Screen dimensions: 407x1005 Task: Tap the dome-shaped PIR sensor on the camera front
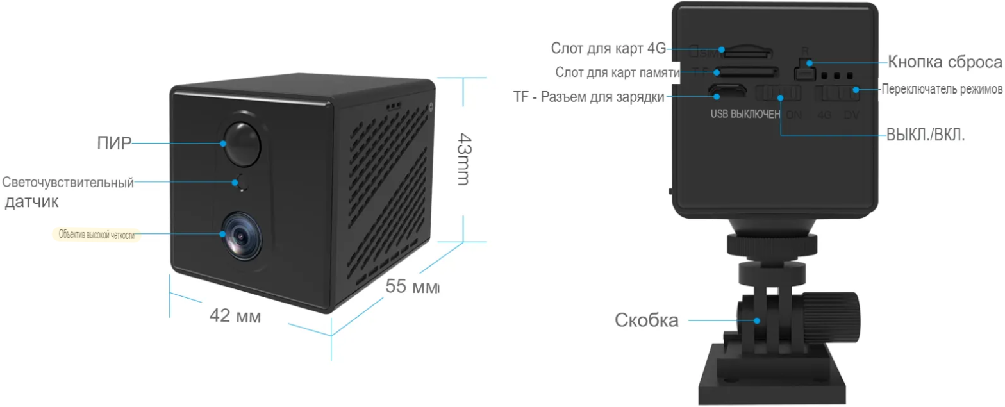(242, 142)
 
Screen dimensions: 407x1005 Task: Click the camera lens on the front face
(241, 235)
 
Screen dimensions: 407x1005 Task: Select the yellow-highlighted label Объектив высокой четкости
(96, 235)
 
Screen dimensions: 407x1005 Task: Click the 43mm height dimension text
(463, 159)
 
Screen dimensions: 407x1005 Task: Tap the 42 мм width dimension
(235, 316)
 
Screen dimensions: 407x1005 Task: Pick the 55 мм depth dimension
(412, 287)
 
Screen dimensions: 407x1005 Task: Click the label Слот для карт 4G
(608, 49)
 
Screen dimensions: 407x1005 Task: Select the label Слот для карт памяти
(617, 72)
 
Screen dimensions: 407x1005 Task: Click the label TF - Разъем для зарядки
(588, 97)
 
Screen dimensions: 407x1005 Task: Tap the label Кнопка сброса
(944, 62)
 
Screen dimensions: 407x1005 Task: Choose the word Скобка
(646, 320)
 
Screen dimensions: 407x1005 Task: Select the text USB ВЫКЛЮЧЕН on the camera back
(745, 115)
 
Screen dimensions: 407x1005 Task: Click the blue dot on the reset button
(810, 63)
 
